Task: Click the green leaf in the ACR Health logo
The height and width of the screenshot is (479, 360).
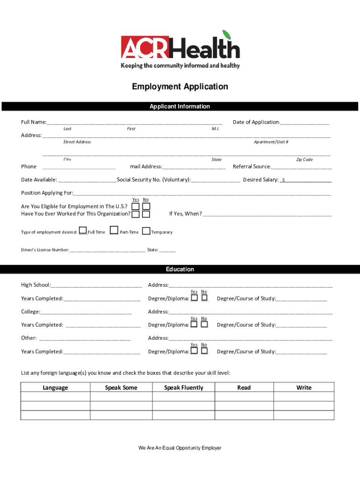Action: coord(227,35)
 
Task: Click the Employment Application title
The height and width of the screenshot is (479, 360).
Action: coord(180,87)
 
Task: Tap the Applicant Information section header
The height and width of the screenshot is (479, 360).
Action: coord(180,107)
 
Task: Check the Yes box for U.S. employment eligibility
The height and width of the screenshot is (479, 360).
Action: coord(135,206)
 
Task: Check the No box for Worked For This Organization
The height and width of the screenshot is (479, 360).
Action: coord(146,214)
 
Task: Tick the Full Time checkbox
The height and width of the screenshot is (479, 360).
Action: coord(83,230)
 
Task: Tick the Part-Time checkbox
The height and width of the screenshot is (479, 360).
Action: coord(114,230)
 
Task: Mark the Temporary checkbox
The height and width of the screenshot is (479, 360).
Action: coord(146,231)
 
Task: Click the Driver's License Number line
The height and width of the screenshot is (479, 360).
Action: coord(107,250)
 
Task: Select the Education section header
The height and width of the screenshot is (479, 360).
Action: coord(180,269)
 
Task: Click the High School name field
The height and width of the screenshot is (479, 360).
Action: coord(96,285)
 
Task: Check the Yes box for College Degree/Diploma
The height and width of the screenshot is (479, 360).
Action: coord(194,324)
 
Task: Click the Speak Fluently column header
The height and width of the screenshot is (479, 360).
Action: coord(184,387)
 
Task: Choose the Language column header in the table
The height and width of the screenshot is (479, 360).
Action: coord(55,387)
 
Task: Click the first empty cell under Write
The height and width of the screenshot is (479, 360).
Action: coord(304,397)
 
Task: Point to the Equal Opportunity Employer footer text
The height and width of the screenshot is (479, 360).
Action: coord(180,448)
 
